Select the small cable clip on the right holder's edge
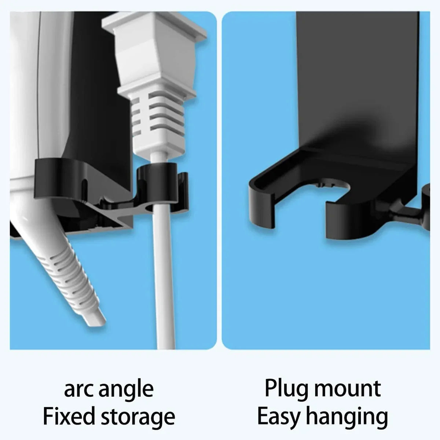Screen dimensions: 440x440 coord(425,209)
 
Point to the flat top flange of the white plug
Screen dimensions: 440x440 coord(154,24)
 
